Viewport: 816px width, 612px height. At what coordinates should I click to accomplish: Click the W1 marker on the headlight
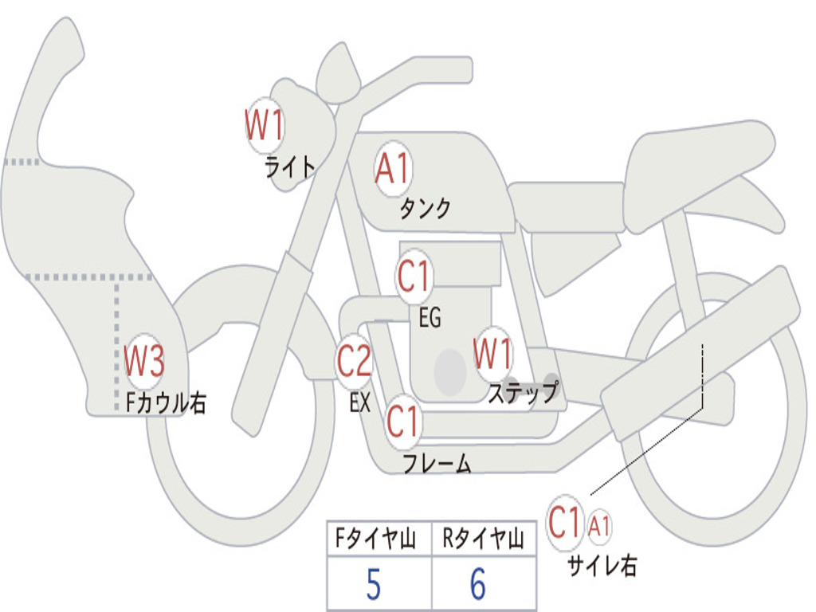pos(265,126)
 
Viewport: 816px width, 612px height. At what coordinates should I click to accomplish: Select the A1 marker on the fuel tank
pos(392,170)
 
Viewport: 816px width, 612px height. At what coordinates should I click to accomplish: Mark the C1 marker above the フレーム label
pos(402,421)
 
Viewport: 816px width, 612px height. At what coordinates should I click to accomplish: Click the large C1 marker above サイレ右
pos(565,524)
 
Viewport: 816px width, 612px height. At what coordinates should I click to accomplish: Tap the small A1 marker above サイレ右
pos(599,526)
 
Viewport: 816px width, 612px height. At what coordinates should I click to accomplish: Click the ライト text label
pos(290,167)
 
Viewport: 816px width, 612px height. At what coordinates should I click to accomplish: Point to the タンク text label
pos(425,209)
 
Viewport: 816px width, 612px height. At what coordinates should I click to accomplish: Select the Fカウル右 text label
pos(167,403)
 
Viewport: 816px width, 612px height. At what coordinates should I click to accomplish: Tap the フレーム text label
pos(437,464)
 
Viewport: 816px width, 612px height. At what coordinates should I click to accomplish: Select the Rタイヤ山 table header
pos(484,539)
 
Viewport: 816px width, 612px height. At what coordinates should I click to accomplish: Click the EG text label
pos(430,319)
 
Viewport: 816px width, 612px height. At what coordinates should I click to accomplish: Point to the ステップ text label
pos(523,393)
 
